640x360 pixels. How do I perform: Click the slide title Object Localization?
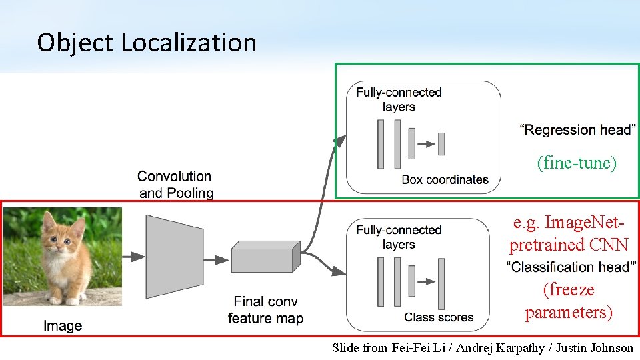147,43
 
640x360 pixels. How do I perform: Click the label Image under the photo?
63,326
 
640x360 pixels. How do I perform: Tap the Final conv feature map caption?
265,310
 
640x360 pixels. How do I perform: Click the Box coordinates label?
445,179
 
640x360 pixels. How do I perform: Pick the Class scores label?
439,317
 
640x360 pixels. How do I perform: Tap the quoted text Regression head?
576,129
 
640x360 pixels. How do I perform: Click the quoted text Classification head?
571,267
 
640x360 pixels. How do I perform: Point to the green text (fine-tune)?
577,163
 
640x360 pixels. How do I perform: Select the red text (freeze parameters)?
569,301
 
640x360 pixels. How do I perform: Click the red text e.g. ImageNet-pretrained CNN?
569,233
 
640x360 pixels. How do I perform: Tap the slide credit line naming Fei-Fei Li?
483,347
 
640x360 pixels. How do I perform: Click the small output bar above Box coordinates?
441,143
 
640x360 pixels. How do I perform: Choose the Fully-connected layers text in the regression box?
399,99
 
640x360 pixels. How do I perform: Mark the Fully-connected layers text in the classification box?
399,237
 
